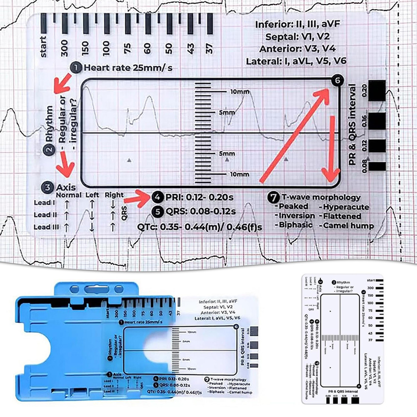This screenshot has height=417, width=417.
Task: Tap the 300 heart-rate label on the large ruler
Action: [x=64, y=49]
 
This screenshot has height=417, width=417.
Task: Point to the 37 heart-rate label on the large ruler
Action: [x=210, y=49]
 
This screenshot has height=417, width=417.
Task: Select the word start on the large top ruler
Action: [x=43, y=47]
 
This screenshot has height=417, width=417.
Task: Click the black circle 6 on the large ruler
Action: [x=337, y=81]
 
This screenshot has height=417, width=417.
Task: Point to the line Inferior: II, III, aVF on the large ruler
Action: [x=298, y=25]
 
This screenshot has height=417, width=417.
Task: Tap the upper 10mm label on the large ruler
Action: [x=239, y=91]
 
